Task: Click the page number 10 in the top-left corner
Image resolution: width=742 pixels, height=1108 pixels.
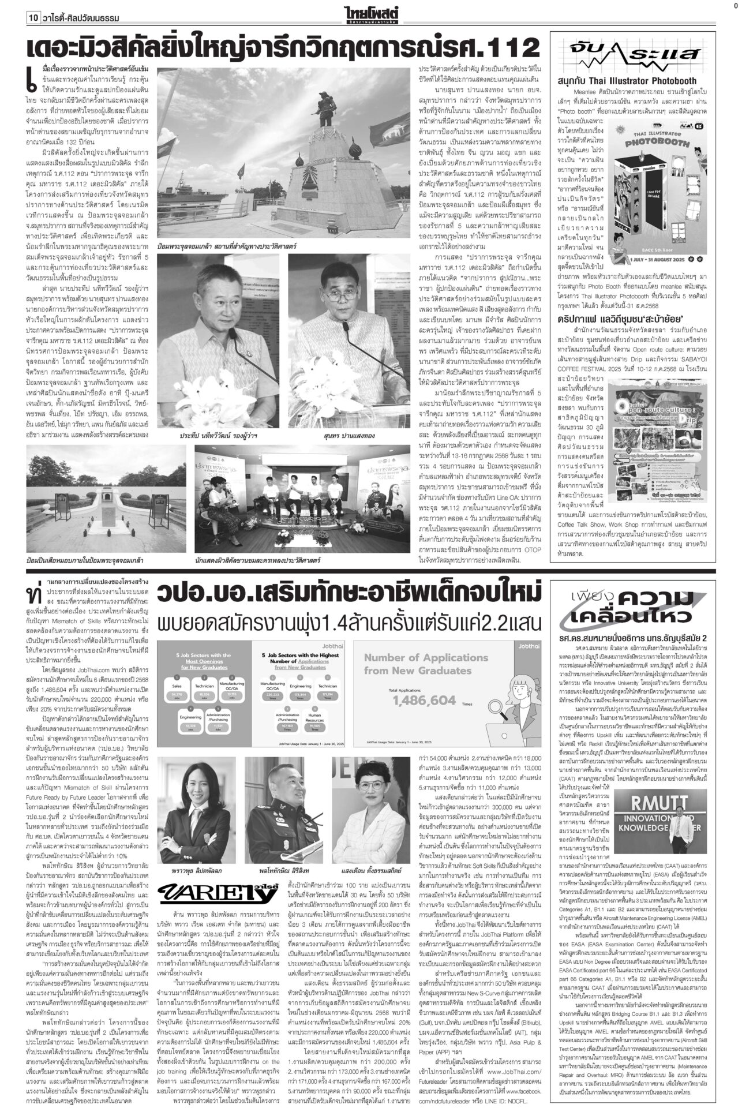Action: point(32,18)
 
